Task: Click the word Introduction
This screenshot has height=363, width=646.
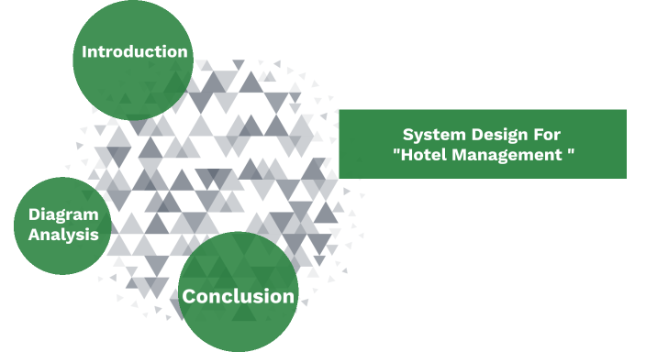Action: (134, 51)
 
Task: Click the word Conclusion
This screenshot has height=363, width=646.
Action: (239, 296)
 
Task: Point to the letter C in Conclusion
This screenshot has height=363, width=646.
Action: (188, 296)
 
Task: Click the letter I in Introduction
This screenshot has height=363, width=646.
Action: (84, 51)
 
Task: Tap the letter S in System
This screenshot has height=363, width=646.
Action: (408, 134)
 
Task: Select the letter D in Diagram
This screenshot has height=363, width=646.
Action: (31, 215)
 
